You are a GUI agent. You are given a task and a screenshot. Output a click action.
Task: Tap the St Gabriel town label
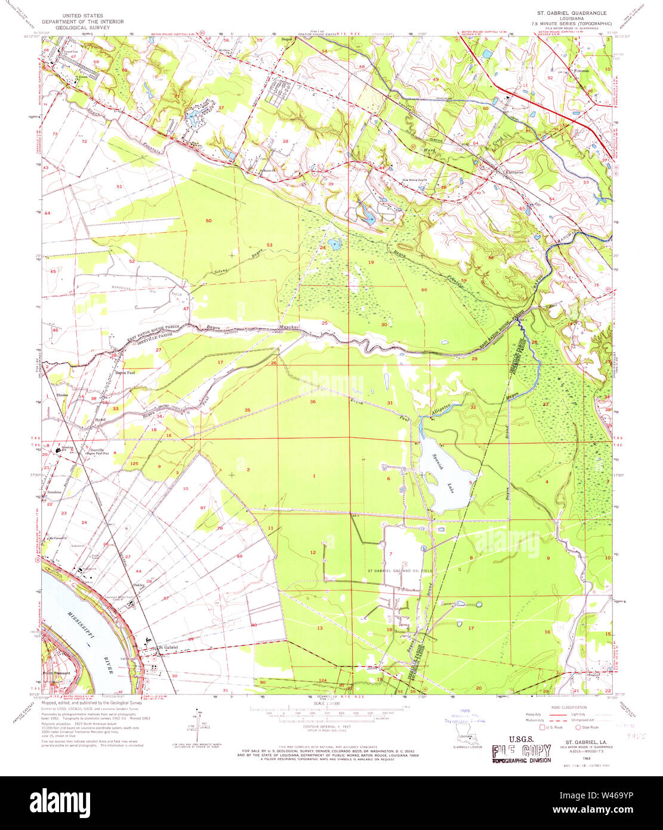(x=168, y=647)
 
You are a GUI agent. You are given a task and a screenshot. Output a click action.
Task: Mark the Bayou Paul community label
(x=125, y=373)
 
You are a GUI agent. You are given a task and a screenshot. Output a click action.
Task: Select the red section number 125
(x=134, y=463)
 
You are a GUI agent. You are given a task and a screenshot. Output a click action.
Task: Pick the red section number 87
(x=203, y=507)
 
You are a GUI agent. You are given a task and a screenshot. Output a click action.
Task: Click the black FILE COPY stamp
(x=520, y=752)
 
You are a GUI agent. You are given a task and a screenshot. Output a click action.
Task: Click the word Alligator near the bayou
(x=442, y=410)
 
